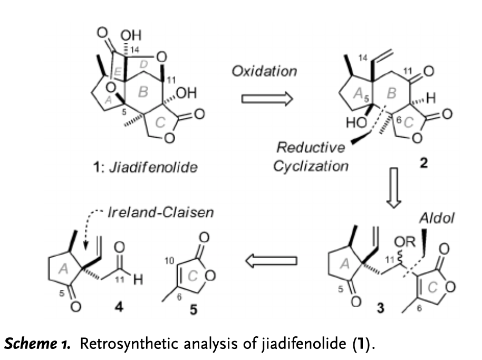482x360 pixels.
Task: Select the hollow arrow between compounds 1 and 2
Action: point(266,99)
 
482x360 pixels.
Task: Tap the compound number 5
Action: point(194,310)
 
